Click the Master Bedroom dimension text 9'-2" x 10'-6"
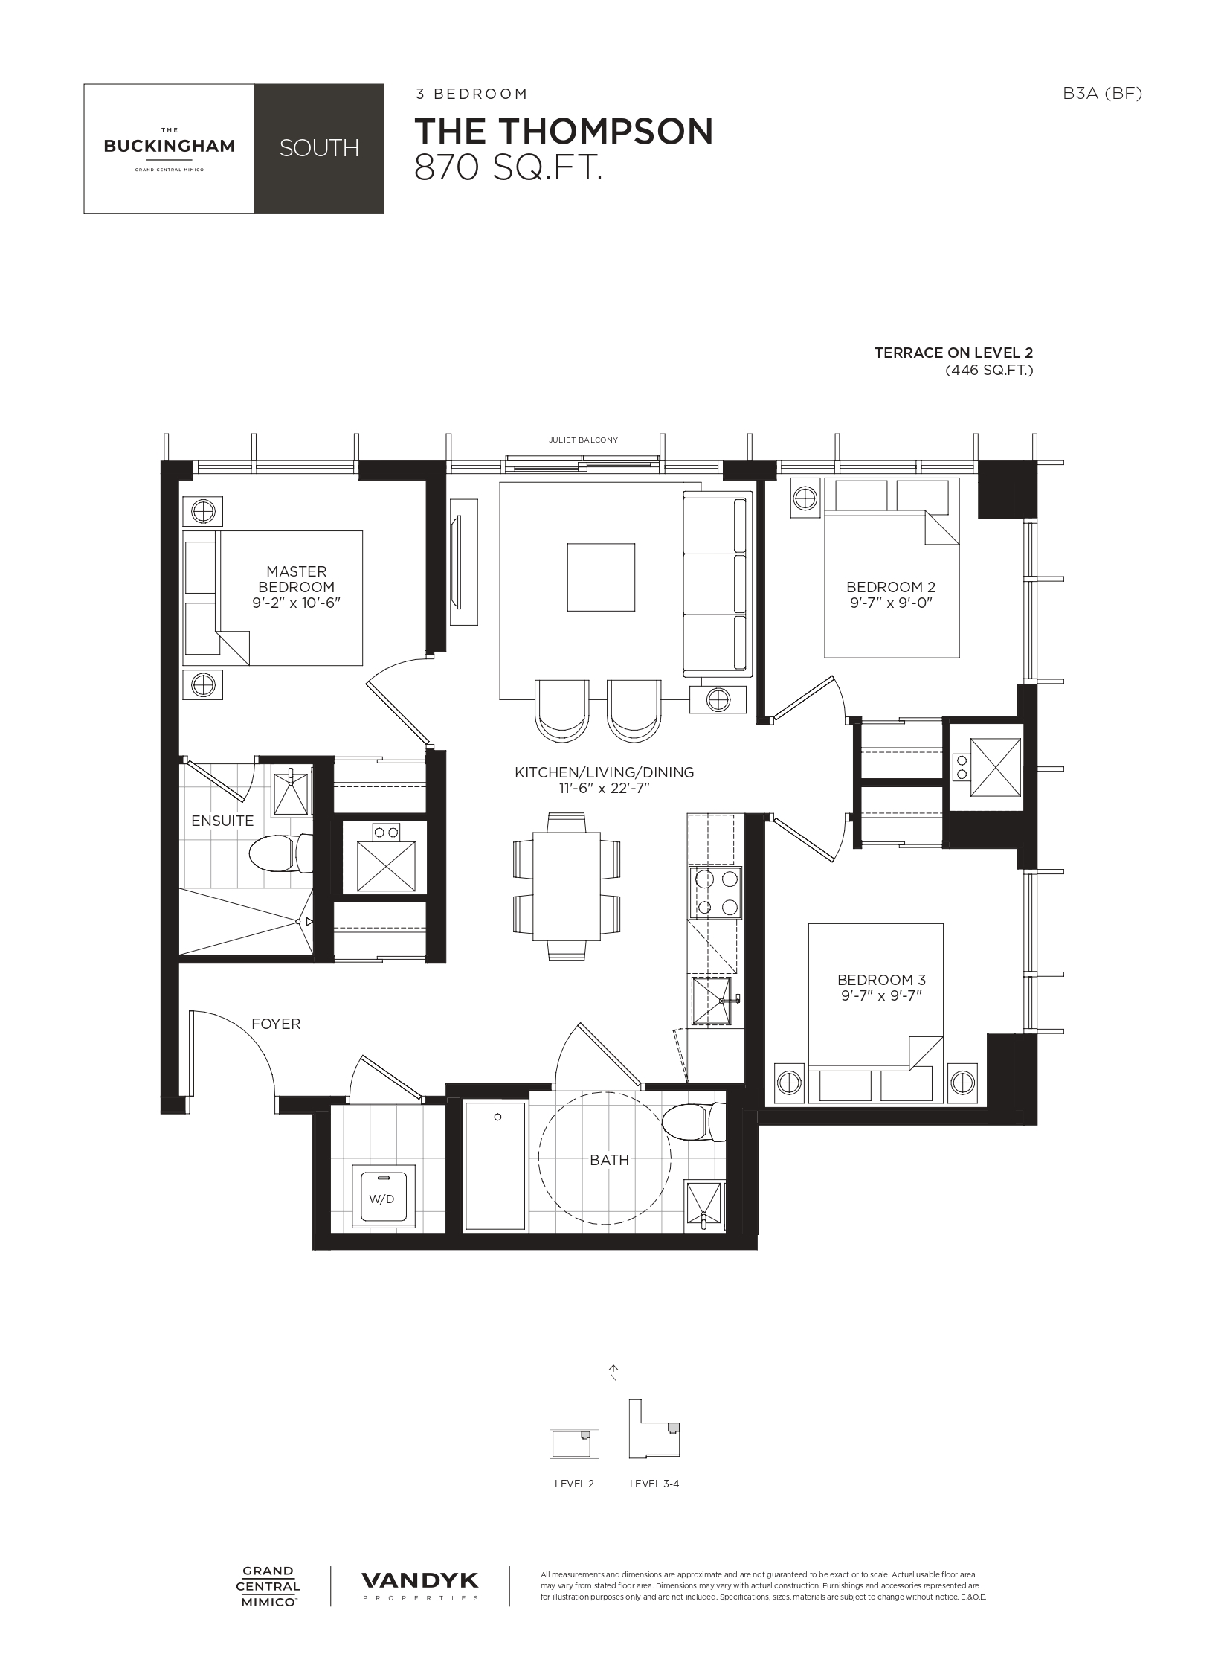click(296, 603)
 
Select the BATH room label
click(609, 1160)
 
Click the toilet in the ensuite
click(280, 853)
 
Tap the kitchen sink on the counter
click(712, 1001)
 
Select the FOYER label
click(276, 1024)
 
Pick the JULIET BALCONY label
click(583, 440)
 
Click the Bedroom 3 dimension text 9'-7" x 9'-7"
click(881, 995)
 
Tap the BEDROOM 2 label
click(891, 586)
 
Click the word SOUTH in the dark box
click(319, 148)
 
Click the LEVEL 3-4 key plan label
click(654, 1484)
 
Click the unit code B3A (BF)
click(1102, 94)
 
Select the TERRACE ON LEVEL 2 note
click(953, 353)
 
